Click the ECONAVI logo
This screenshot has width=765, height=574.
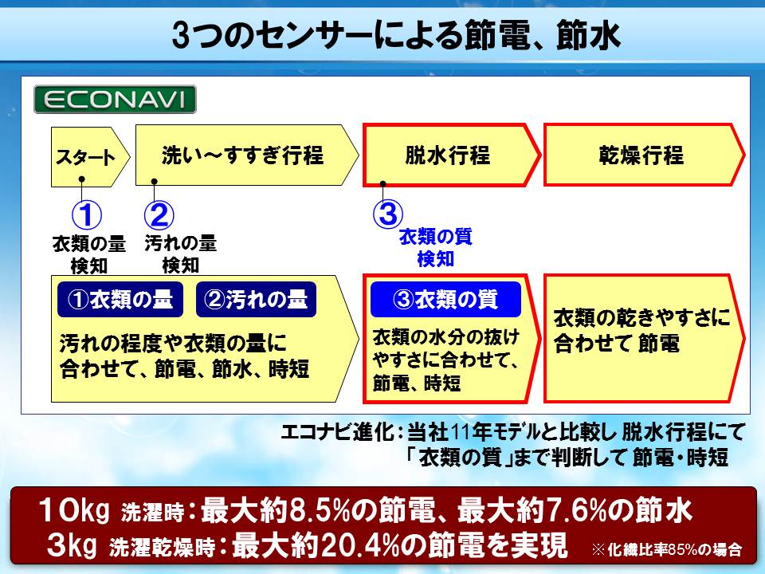[x=115, y=100]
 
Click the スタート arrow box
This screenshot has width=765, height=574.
[x=90, y=157]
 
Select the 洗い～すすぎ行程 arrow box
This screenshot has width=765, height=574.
[x=247, y=155]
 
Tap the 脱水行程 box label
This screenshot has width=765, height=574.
[x=447, y=155]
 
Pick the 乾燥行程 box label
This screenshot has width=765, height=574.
[x=641, y=155]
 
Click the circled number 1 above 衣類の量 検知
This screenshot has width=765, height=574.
[x=87, y=214]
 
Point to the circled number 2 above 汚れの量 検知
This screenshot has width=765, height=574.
[x=159, y=214]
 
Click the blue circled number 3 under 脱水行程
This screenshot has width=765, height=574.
[x=388, y=214]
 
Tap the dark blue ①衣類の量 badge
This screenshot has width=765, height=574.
[x=120, y=299]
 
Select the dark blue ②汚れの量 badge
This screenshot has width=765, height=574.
[x=256, y=299]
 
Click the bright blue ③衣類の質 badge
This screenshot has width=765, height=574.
[x=446, y=299]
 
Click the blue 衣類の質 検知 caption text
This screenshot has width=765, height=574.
[x=436, y=248]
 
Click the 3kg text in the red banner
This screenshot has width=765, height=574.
[x=73, y=545]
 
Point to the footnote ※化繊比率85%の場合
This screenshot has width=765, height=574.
[x=666, y=549]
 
